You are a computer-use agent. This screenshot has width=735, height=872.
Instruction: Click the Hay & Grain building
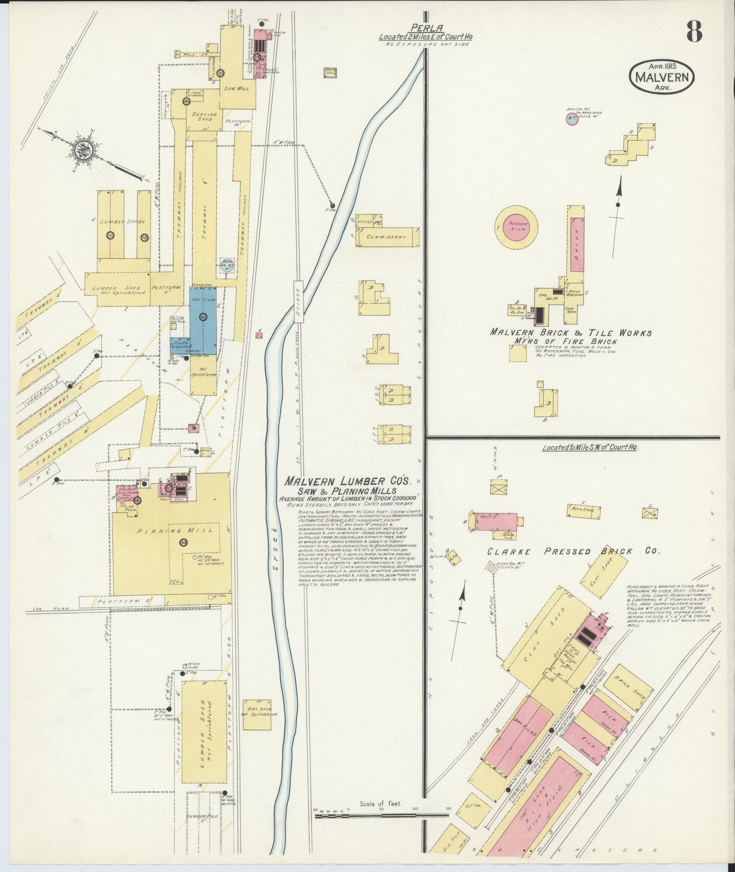[584, 510]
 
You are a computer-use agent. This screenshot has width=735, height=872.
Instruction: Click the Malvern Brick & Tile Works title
[570, 333]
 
